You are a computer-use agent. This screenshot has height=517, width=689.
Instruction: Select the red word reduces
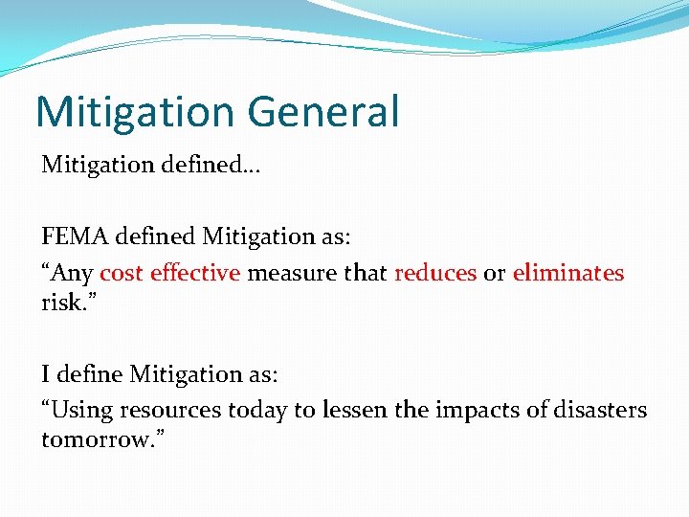coord(435,273)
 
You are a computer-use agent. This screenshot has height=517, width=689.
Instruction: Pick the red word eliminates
coord(568,273)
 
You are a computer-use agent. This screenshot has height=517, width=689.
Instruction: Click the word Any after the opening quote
coord(74,274)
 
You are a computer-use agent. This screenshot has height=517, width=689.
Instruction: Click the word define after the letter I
coord(88,372)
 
